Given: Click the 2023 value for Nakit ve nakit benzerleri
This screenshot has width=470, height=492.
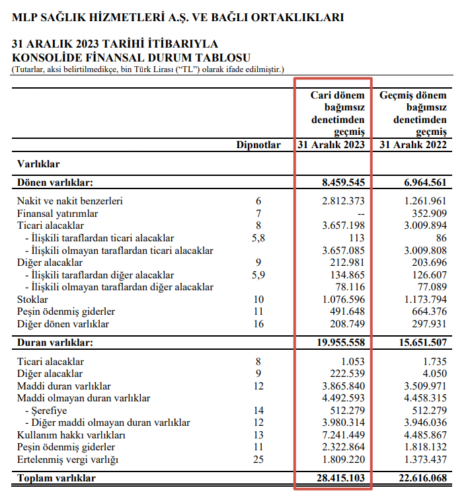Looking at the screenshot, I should pos(342,201).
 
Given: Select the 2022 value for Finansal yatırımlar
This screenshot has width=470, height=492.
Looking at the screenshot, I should pos(424,214).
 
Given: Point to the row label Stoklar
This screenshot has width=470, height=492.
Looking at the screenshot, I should pos(33,300).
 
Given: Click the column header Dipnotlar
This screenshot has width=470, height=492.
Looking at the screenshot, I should pos(258,145).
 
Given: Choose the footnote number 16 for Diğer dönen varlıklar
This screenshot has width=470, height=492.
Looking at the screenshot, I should pos(258,325).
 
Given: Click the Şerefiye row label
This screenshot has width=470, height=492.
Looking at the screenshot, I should pos(46,410).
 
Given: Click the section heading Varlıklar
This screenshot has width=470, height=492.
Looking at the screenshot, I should pos(38,163).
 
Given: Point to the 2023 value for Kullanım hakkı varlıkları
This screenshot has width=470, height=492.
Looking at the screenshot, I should pos(342,435).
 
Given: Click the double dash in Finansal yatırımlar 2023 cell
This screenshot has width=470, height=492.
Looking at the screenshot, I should pos(360,214).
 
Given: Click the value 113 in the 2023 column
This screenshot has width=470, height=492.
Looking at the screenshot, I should pos(357,238).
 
